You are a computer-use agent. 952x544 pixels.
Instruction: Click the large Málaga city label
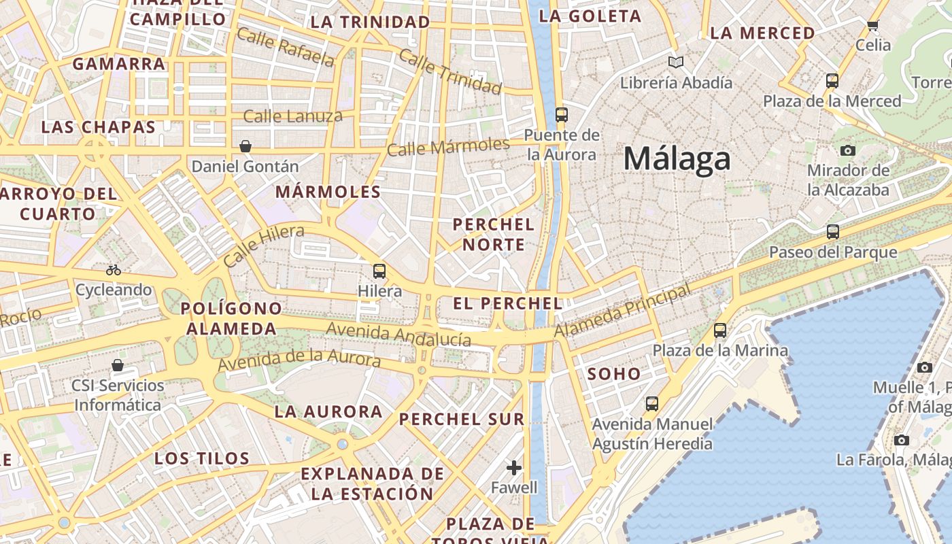pyautogui.click(x=677, y=159)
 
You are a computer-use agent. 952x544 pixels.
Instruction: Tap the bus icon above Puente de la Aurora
pyautogui.click(x=561, y=114)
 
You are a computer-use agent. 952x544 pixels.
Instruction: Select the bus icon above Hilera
pyautogui.click(x=379, y=271)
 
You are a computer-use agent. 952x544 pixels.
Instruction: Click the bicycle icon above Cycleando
pyautogui.click(x=114, y=270)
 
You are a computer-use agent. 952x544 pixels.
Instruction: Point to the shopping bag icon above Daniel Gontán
pyautogui.click(x=245, y=146)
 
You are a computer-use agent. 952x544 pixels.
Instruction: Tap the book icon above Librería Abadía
pyautogui.click(x=675, y=63)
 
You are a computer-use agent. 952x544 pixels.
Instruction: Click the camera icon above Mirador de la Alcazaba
pyautogui.click(x=847, y=150)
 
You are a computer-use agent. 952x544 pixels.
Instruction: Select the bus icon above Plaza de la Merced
pyautogui.click(x=832, y=81)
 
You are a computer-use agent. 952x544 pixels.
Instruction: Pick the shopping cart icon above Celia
pyautogui.click(x=873, y=26)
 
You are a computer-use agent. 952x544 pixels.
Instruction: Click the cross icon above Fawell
pyautogui.click(x=514, y=468)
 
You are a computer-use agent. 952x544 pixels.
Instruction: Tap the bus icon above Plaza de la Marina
pyautogui.click(x=720, y=330)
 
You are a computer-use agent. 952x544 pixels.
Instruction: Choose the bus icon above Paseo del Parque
pyautogui.click(x=833, y=232)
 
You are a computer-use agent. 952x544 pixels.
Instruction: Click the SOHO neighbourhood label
pyautogui.click(x=614, y=373)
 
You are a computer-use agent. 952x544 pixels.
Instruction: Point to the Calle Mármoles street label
pyautogui.click(x=448, y=146)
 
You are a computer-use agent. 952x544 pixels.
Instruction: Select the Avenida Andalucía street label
pyautogui.click(x=398, y=334)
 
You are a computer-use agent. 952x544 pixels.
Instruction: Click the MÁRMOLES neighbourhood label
pyautogui.click(x=328, y=192)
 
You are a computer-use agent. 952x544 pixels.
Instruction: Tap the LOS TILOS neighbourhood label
pyautogui.click(x=202, y=458)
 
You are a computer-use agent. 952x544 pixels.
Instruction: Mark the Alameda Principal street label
pyautogui.click(x=623, y=310)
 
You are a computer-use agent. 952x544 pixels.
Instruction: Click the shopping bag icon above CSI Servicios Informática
pyautogui.click(x=118, y=365)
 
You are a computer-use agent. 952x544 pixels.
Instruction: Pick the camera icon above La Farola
pyautogui.click(x=902, y=440)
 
